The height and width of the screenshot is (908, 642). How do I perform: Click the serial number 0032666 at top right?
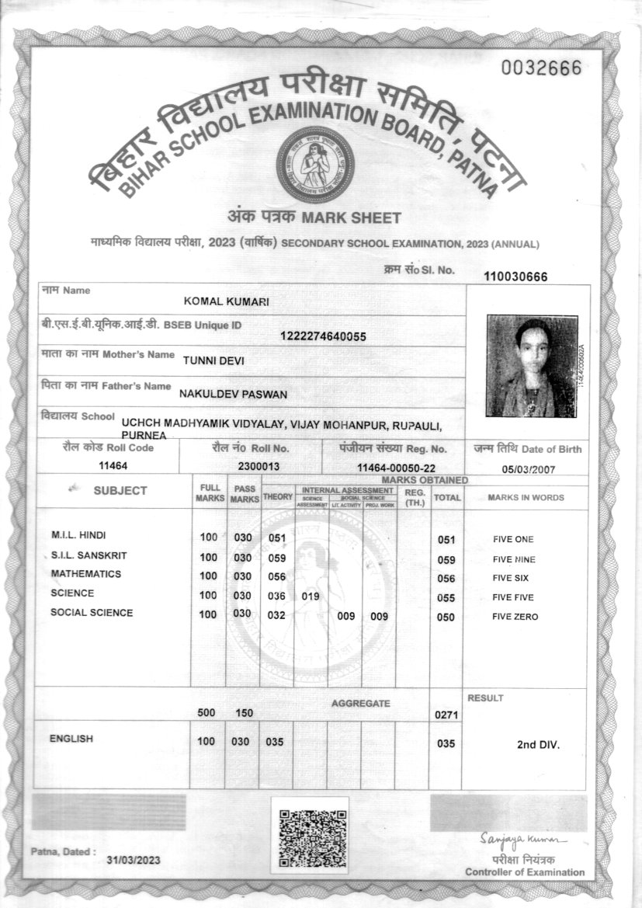541,68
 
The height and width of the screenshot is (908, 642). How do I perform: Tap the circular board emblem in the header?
315,163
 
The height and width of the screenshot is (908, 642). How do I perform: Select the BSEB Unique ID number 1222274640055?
323,336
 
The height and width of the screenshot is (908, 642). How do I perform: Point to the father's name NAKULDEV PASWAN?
233,394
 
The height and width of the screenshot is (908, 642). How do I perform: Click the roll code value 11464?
113,465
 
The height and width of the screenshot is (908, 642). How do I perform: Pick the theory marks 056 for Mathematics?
277,577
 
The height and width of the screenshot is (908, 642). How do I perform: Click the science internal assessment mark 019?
311,597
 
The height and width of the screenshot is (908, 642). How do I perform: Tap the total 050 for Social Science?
446,617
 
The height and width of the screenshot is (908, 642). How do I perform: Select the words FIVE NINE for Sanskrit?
514,559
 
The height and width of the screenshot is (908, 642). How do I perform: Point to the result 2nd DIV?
538,744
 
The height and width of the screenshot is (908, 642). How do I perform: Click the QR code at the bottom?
312,837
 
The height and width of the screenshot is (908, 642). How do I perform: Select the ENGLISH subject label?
71,739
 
